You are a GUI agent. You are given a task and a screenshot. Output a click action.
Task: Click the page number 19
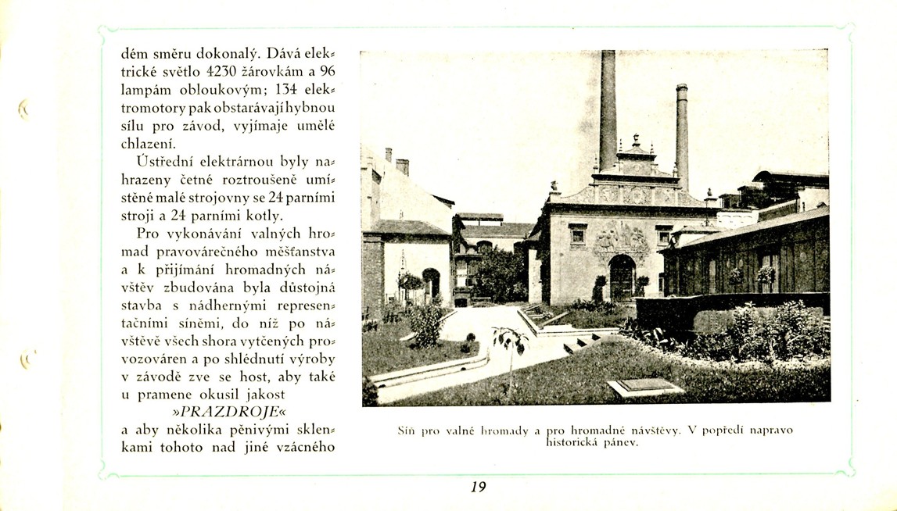click(479, 487)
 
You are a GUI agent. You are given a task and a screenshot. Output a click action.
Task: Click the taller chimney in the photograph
click(608, 109)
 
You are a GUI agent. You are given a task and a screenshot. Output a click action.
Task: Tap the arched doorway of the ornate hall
click(622, 277)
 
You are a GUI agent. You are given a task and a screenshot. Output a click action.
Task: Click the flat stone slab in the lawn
click(645, 387)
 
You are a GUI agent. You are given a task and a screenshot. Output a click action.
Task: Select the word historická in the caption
click(573, 442)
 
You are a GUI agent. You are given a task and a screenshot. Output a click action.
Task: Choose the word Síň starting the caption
click(407, 430)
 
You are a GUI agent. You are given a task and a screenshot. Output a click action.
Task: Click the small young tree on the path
click(510, 348)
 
